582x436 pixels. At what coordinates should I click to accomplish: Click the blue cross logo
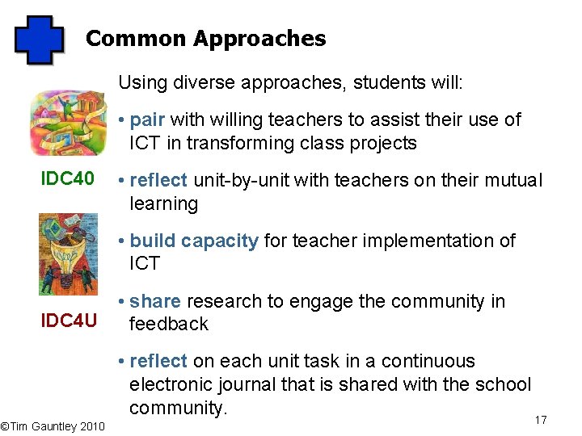coord(39,40)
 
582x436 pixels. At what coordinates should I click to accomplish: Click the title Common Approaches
coord(205,39)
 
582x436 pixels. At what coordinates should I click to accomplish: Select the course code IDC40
coord(68,178)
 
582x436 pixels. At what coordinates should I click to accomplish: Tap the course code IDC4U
coord(70,321)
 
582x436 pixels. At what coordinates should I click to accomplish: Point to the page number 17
coord(541,420)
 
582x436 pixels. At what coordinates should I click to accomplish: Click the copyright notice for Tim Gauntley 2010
coord(53,426)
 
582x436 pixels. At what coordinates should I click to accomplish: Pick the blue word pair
coord(147,120)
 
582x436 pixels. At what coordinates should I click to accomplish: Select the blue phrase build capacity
coord(194,241)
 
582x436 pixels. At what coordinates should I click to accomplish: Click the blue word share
coord(155,301)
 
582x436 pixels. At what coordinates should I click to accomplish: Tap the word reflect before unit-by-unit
coord(158,180)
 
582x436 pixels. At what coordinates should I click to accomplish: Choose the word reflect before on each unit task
coord(158,361)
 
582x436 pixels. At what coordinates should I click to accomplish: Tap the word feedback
coord(169,324)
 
